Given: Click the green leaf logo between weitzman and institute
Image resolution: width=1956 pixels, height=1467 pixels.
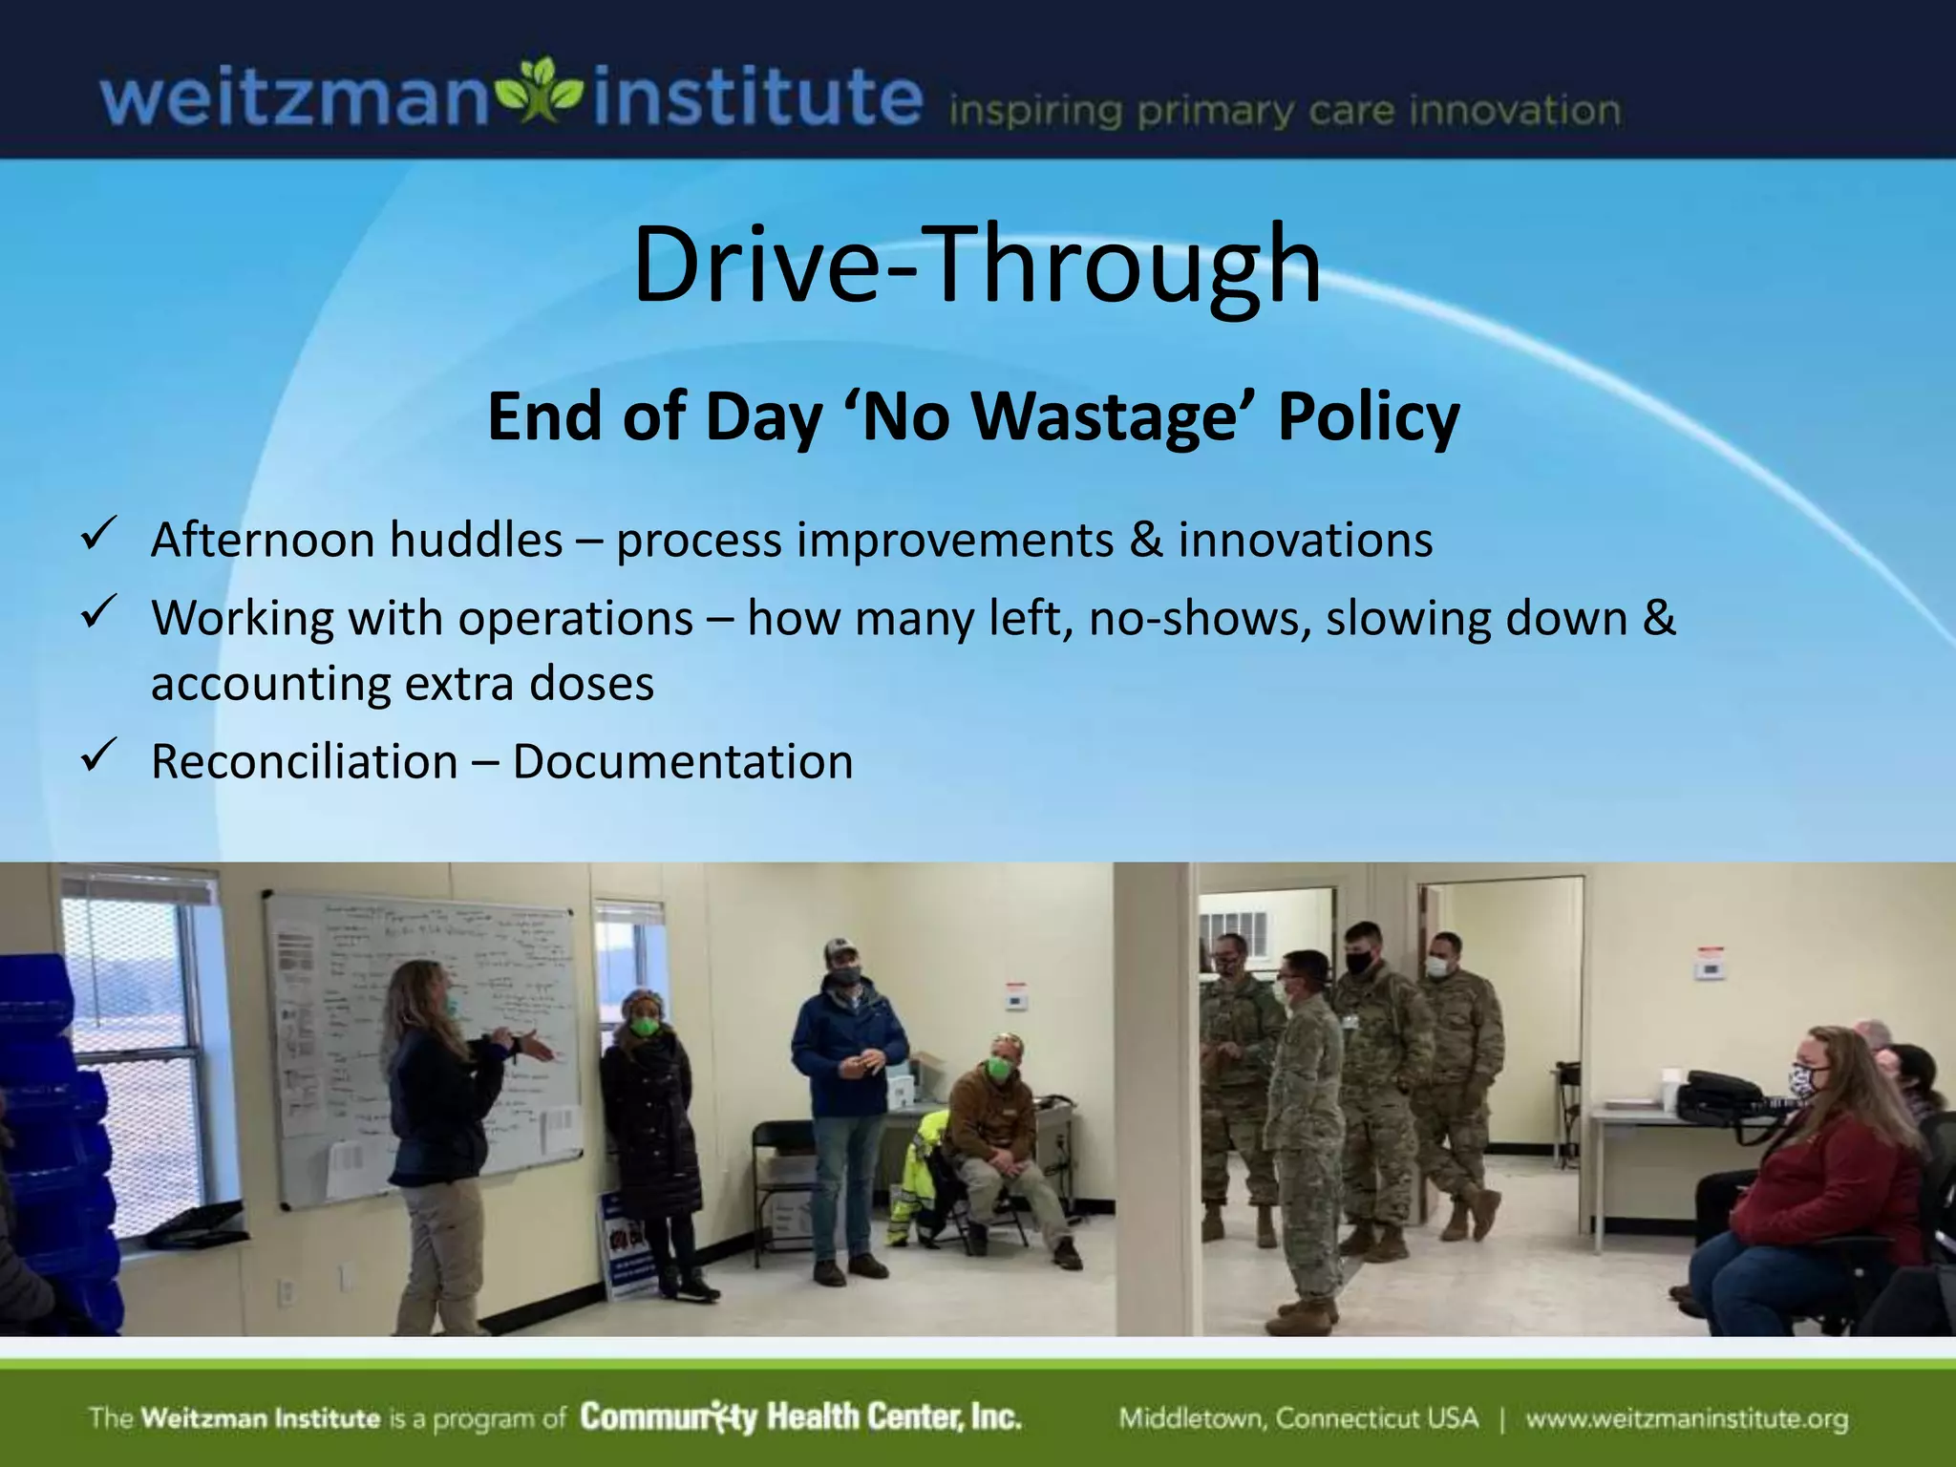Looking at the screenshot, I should click(x=540, y=94).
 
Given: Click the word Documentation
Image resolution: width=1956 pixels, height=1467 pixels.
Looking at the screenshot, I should click(x=682, y=762).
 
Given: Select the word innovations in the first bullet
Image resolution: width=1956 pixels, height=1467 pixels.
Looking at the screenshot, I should click(x=1305, y=540).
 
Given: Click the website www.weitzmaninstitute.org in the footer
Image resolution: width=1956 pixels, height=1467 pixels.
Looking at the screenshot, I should click(x=1686, y=1418).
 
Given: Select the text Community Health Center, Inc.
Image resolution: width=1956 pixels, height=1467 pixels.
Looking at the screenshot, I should click(x=800, y=1416).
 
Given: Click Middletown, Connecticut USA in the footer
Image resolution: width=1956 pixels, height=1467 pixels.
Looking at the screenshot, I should click(x=1298, y=1418).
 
